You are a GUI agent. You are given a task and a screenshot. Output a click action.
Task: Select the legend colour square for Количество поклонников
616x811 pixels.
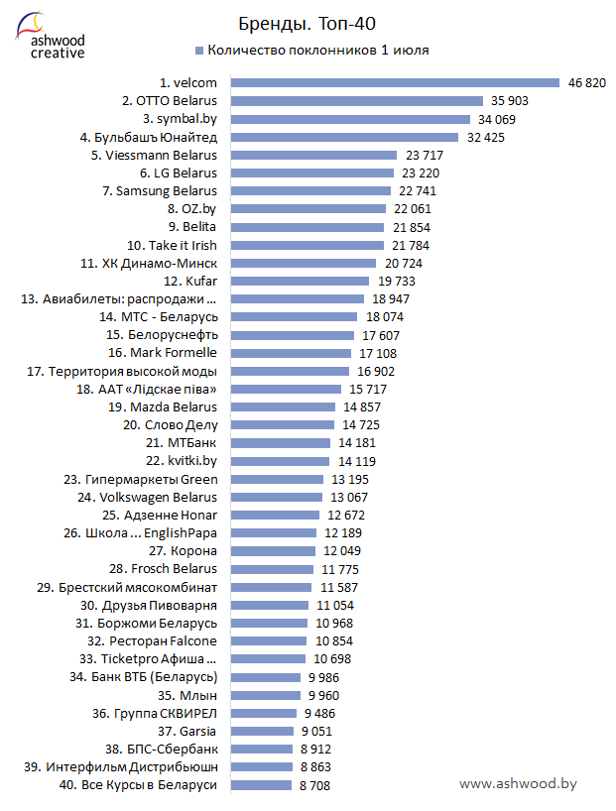coord(199,50)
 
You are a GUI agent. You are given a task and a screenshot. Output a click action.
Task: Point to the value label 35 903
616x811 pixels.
coord(509,101)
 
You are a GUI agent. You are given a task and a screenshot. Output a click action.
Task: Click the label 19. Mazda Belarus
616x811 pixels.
coord(161,406)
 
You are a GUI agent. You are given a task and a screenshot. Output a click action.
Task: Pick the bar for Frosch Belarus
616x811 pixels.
coord(270,569)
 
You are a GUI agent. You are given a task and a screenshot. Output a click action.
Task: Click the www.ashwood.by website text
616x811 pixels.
coord(518,783)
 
